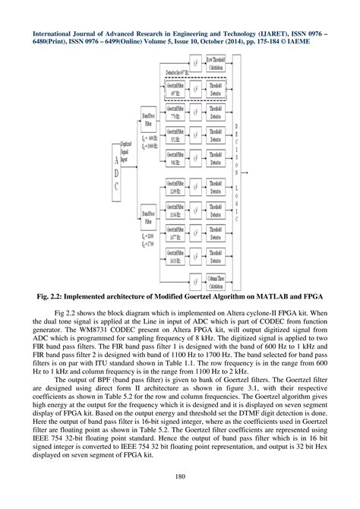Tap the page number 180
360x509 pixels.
[x=180, y=478]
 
